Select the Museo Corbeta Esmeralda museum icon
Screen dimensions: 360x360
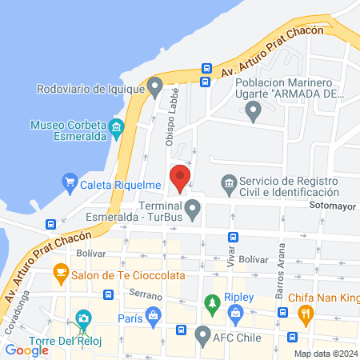click(x=117, y=126)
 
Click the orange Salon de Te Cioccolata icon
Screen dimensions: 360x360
click(x=60, y=274)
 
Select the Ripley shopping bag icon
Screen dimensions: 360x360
click(x=235, y=313)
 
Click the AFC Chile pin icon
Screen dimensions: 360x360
click(x=203, y=334)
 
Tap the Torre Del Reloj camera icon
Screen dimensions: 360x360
click(x=82, y=320)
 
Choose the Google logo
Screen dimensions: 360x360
click(x=27, y=350)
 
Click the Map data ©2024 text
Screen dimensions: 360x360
click(x=326, y=354)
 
